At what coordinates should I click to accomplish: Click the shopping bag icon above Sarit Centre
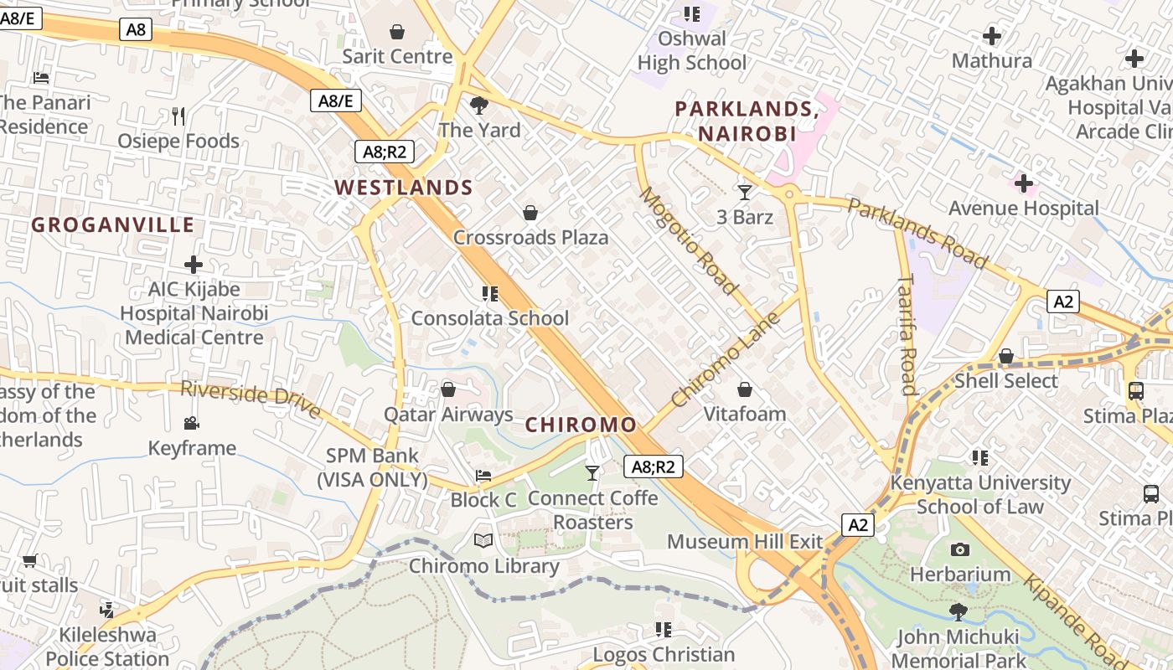pos(397,32)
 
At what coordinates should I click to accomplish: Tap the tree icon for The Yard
pos(479,106)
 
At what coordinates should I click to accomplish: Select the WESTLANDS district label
pos(404,188)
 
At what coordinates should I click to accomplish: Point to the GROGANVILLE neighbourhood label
pos(113,225)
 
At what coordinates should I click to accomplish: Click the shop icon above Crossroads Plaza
pos(530,213)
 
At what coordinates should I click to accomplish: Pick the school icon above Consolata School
pos(490,294)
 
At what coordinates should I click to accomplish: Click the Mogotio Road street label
pos(689,241)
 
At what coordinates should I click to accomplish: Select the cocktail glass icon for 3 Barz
pos(745,193)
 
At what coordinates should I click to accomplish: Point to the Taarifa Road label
pos(907,334)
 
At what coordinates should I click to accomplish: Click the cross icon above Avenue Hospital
pos(1023,183)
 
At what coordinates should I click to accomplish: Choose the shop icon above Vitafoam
pos(745,389)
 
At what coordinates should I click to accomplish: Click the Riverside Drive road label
pos(251,399)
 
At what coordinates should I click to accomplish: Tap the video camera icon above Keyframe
pos(192,424)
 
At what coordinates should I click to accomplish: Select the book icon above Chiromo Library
pos(483,541)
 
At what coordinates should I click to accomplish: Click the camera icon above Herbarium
pos(960,550)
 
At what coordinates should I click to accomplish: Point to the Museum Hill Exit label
pos(745,542)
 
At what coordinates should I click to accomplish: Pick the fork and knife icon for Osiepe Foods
pos(178,116)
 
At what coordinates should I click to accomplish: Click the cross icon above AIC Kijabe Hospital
pos(194,265)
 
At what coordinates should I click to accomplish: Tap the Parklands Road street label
pos(917,233)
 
